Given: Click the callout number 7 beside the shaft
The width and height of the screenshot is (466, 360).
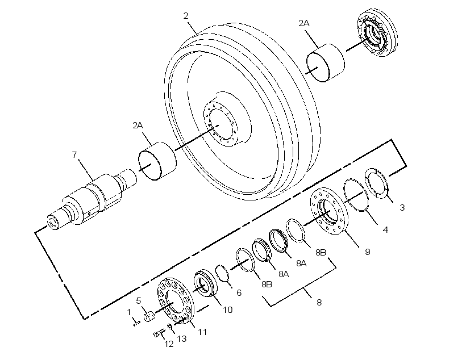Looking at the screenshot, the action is pos(74,154).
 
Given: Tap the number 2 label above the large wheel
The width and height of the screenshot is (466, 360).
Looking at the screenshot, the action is pos(186,16).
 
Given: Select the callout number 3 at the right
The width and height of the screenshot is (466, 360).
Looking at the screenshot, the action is pos(402,207).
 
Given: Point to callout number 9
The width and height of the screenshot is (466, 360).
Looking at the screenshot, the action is pos(385,229).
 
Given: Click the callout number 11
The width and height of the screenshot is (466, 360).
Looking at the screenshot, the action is pos(202,332).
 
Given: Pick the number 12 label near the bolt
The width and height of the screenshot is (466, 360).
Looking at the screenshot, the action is pos(169,344).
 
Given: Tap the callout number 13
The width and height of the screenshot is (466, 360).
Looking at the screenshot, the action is pos(182,338).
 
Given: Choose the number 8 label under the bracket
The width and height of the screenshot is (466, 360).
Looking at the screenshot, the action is pos(319,303).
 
